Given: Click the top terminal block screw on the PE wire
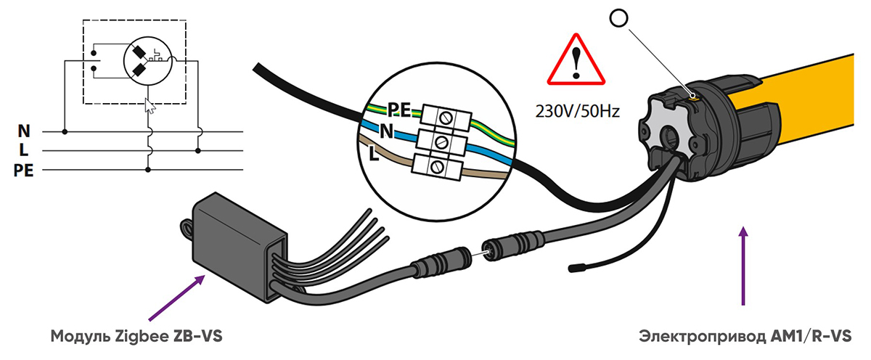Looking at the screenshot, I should pos(443,115).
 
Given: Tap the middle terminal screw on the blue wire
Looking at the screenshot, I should pos(440,141).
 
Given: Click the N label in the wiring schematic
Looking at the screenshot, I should pos(24,132).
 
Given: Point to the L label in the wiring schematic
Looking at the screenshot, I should pos(24,151).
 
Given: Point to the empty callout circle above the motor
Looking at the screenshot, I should pos(618,20).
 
